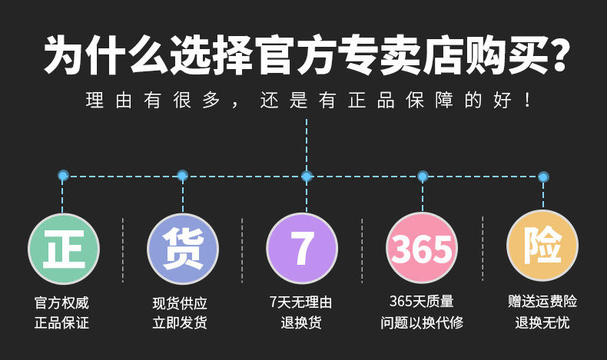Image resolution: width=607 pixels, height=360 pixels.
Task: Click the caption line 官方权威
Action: click(x=62, y=303)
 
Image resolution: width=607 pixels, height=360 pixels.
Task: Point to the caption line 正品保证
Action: click(x=62, y=322)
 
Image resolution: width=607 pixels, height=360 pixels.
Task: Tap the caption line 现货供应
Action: click(x=181, y=303)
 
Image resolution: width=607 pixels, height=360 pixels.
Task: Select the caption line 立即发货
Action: click(x=181, y=322)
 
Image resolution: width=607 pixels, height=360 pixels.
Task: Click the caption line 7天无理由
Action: click(x=301, y=303)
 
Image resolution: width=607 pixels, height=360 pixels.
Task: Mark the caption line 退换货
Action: click(x=301, y=322)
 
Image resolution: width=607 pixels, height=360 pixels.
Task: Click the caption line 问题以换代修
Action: click(x=422, y=322)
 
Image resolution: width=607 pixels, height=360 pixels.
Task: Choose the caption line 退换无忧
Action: click(x=542, y=322)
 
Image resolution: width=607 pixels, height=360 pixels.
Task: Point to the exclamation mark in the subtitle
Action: click(x=526, y=101)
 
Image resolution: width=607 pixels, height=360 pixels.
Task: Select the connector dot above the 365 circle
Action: click(x=423, y=177)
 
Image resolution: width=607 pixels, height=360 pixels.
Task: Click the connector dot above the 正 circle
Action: click(x=63, y=176)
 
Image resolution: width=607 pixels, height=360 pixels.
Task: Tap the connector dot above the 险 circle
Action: click(x=543, y=177)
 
